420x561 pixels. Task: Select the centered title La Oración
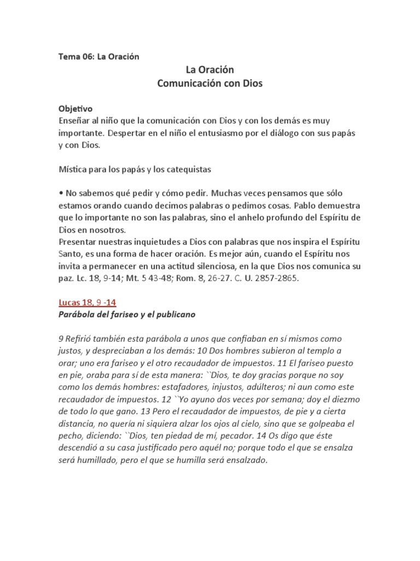tap(209, 70)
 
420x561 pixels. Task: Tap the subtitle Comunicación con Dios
tap(209, 84)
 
